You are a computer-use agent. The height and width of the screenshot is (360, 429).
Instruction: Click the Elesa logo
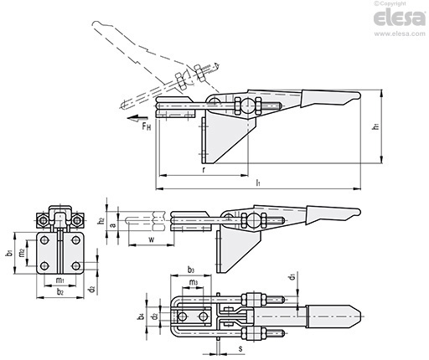399,18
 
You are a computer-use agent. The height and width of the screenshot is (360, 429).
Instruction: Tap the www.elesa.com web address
400,34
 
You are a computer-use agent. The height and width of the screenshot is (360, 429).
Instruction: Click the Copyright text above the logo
390,3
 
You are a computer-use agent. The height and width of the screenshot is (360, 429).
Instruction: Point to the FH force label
147,126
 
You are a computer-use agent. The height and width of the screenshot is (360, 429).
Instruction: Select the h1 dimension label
376,126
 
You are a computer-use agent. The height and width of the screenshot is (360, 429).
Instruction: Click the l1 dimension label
258,183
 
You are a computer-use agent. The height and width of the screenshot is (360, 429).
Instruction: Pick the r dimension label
204,170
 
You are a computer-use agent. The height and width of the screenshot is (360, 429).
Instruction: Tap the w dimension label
152,239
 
